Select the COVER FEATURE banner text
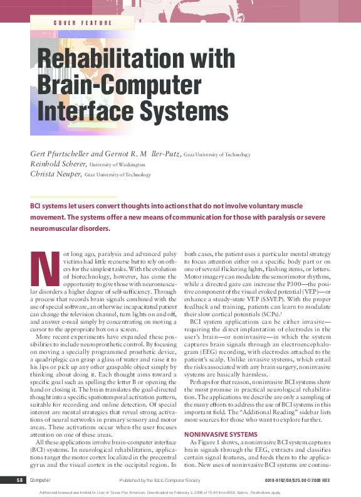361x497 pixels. coord(83,23)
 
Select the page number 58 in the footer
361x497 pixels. coord(20,480)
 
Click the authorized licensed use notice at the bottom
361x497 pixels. coord(180,491)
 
